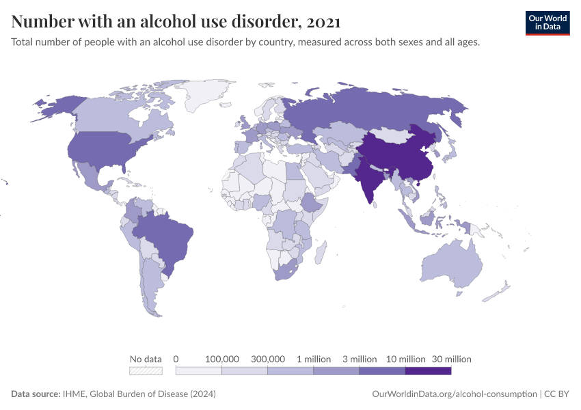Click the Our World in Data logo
coord(547,23)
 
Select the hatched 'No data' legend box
coord(146,371)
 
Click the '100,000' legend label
coord(221,359)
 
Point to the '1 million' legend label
coord(314,359)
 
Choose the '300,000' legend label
coord(267,359)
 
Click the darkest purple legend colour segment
coord(428,371)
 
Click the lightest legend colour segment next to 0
coord(199,371)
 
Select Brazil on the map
coord(167,236)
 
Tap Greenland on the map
coord(208,96)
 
